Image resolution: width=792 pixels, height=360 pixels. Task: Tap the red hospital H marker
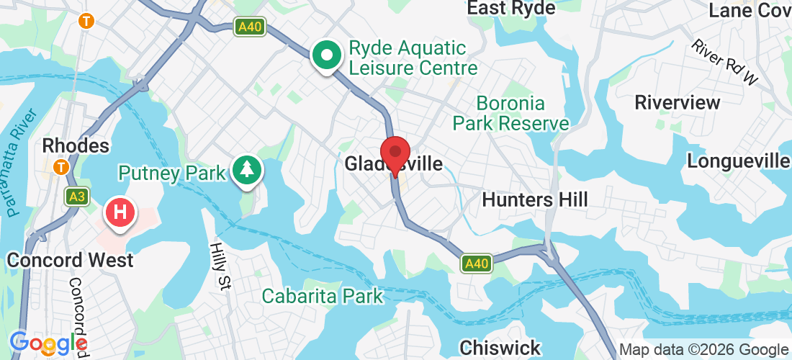121,212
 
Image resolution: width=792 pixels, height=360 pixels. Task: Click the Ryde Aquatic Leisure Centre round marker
327,55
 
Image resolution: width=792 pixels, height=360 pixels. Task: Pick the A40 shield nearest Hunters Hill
477,264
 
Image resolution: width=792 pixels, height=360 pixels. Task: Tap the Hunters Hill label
535,199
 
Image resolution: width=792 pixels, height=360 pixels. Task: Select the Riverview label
677,102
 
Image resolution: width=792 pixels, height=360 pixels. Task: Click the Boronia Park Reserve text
511,113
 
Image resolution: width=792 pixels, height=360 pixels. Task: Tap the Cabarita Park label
322,296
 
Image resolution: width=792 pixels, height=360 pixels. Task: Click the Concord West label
70,260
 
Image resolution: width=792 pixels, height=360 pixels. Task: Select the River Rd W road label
725,61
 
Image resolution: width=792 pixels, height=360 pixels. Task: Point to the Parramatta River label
19,163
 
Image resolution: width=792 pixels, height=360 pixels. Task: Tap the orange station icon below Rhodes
61,167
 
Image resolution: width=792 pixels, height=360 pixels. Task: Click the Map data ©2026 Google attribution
703,350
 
